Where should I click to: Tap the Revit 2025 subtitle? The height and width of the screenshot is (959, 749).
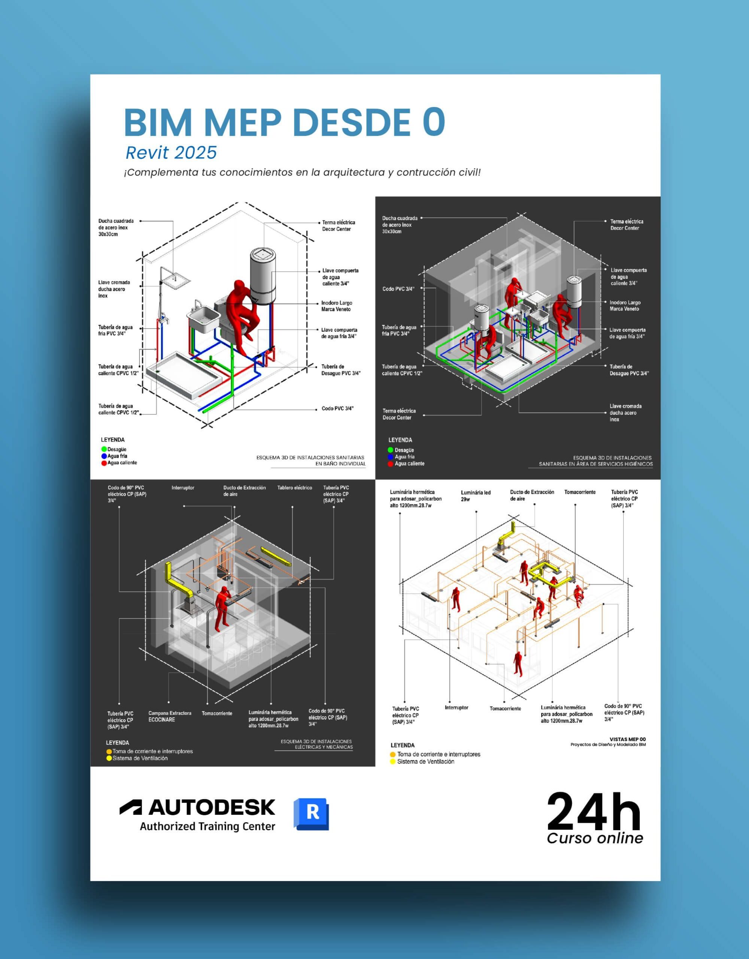pyautogui.click(x=171, y=153)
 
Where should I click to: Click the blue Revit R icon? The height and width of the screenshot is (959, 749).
pyautogui.click(x=311, y=814)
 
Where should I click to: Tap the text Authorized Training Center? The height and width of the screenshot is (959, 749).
pyautogui.click(x=207, y=826)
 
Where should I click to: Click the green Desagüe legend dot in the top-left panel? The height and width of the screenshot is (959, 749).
pyautogui.click(x=104, y=449)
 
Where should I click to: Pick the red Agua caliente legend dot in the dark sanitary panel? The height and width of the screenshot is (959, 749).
pyautogui.click(x=390, y=464)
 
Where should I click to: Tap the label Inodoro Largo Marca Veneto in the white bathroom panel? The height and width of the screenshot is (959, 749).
pyautogui.click(x=336, y=306)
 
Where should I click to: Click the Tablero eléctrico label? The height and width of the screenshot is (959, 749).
pyautogui.click(x=295, y=487)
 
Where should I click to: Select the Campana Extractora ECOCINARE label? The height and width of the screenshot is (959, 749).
pyautogui.click(x=170, y=716)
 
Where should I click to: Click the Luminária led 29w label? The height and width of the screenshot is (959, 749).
pyautogui.click(x=476, y=496)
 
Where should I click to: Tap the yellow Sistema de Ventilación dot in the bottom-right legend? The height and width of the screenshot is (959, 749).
pyautogui.click(x=393, y=762)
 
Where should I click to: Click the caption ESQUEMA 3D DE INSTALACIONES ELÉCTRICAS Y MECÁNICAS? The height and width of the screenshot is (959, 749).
pyautogui.click(x=316, y=744)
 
